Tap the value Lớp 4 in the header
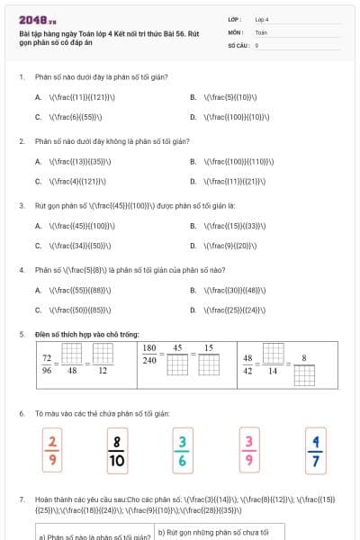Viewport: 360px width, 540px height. [262, 19]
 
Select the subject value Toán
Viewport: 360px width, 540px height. [261, 31]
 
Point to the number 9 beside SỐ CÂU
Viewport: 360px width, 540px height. [256, 44]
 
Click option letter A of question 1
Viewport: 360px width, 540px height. [38, 97]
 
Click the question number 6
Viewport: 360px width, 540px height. [22, 413]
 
